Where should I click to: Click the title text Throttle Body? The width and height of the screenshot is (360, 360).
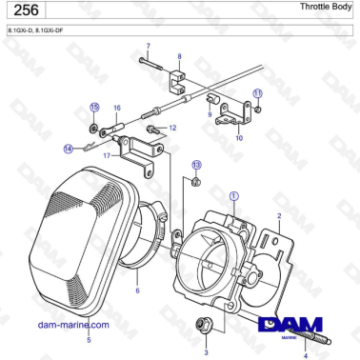pos(326,7)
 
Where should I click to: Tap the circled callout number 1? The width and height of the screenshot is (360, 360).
pos(233,194)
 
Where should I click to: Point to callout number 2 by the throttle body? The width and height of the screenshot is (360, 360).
pos(278,216)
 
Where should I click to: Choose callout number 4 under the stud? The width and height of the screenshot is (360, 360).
pos(305,354)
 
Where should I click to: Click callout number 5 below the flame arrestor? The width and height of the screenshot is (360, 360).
pos(89,339)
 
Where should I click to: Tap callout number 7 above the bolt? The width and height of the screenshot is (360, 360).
pos(148,46)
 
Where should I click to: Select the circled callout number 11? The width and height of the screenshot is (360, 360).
pos(256,92)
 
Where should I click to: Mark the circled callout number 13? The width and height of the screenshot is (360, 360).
pos(196,165)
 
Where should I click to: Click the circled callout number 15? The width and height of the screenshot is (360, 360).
pos(94,108)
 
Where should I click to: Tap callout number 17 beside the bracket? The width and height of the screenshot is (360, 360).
pos(107,154)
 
